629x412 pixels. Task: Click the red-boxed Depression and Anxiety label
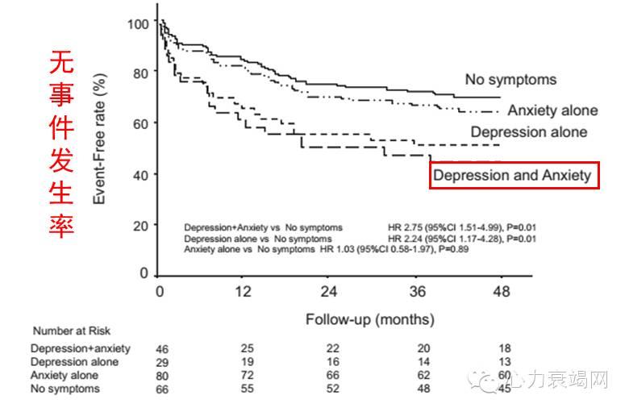[x=514, y=174]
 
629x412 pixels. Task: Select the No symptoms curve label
[x=510, y=79]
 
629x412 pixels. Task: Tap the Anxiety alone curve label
[x=552, y=110]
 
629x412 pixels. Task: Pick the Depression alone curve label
[x=528, y=131]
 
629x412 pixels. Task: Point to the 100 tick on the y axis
[x=138, y=23]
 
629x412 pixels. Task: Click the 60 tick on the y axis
[x=141, y=123]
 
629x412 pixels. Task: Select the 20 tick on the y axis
[x=141, y=225]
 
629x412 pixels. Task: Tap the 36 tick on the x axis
[x=418, y=291]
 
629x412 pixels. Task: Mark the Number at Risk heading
[x=72, y=331]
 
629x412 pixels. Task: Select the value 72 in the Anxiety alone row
[x=248, y=376]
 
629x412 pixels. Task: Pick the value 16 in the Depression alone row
[x=331, y=362]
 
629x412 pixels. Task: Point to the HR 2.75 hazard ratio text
[x=403, y=227]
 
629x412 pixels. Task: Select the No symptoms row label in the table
[x=65, y=389]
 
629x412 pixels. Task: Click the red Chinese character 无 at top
[x=60, y=63]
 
